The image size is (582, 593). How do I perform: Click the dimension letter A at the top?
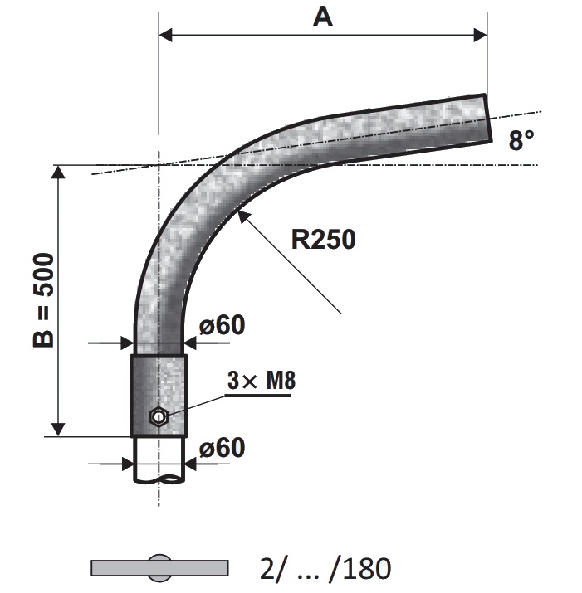point(323,17)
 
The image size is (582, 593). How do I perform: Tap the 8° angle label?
point(521,140)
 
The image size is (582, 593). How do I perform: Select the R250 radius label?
point(323,240)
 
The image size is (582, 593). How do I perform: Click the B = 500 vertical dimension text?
point(43,300)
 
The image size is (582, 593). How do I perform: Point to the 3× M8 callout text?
point(262,381)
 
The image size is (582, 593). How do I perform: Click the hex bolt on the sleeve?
point(159,417)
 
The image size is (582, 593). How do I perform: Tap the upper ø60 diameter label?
point(223,325)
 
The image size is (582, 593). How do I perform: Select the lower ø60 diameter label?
point(223,448)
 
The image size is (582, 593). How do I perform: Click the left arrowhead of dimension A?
point(165,35)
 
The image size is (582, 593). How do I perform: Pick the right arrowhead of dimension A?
point(481,35)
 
